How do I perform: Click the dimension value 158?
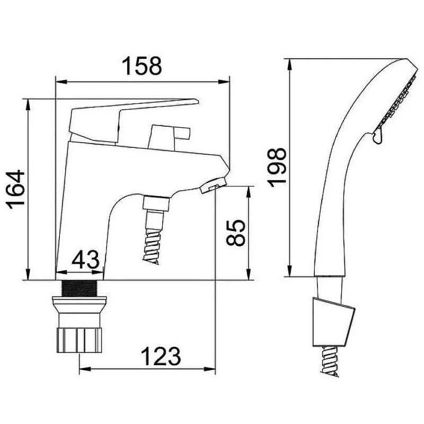click(142, 66)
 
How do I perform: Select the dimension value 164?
click(16, 190)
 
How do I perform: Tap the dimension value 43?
click(85, 260)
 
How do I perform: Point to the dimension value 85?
click(236, 233)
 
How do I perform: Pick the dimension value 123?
click(161, 356)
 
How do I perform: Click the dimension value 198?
click(277, 167)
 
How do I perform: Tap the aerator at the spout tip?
click(213, 186)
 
